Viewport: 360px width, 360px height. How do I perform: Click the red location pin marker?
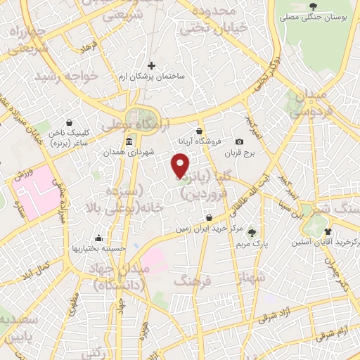[x=181, y=166]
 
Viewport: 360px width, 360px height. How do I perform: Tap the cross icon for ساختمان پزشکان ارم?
[x=151, y=65]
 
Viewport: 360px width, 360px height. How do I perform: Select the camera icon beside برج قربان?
[x=239, y=141]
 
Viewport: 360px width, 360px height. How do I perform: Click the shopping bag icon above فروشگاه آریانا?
[x=200, y=130]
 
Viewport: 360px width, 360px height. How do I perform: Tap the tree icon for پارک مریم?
[x=252, y=232]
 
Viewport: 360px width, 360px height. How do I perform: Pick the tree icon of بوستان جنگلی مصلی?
[x=312, y=7]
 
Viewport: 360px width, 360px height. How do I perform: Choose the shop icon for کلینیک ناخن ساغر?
[x=68, y=122]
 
